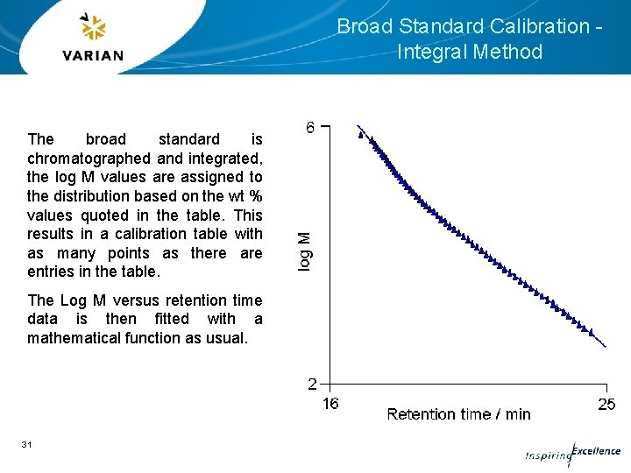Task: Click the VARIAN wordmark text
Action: pos(93,56)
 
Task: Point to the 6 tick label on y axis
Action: pos(311,128)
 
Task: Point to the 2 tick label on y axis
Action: pos(312,384)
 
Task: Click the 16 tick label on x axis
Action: pos(330,404)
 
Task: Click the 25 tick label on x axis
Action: pos(606,404)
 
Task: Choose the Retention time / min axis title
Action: pos(458,414)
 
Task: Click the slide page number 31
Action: pos(27,445)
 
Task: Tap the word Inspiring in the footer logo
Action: pos(547,456)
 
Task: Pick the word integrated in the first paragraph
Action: pos(225,159)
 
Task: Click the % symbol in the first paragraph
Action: pos(256,196)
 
